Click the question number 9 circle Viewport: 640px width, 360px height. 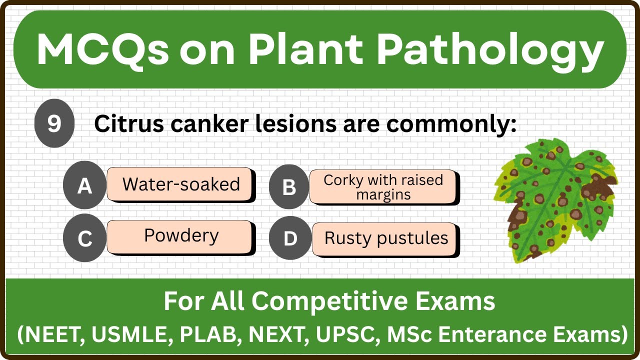coord(54,123)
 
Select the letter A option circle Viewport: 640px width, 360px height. coord(84,186)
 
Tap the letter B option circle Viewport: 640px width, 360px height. coord(289,187)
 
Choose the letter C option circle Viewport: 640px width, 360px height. coord(84,239)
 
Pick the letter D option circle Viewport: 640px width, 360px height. coord(290,238)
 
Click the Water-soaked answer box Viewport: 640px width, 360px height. coord(180,184)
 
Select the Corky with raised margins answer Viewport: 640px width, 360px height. coord(383,187)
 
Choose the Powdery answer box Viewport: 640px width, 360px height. coord(180,236)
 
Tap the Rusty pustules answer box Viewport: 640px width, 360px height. coord(385,238)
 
